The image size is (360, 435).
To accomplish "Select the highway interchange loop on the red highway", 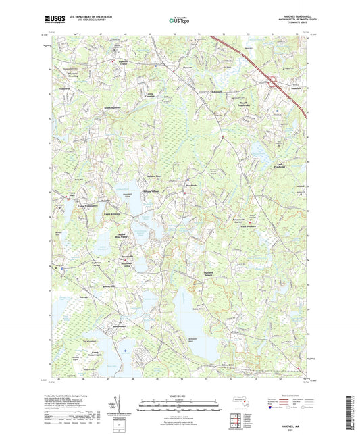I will [x=274, y=84].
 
